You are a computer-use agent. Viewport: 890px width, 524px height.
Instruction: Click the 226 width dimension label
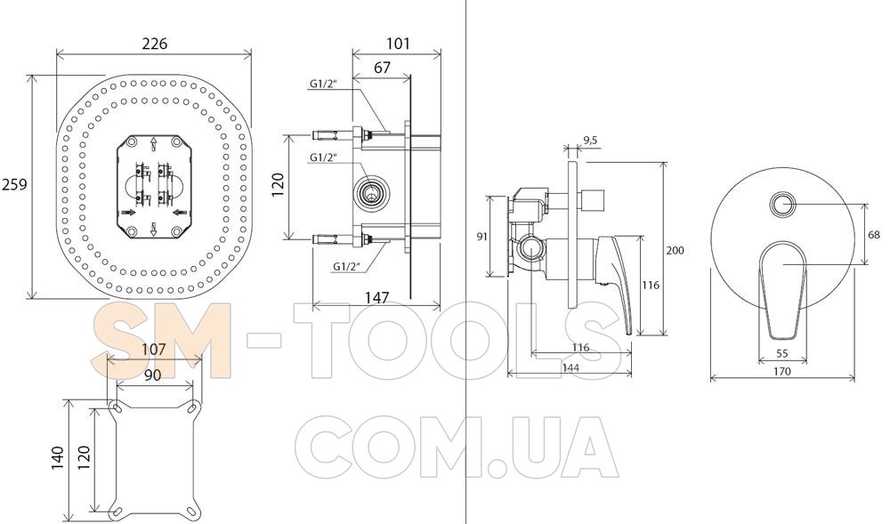point(154,44)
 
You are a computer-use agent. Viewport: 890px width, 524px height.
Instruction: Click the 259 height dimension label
point(13,184)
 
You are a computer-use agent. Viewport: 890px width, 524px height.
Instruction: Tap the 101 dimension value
point(398,43)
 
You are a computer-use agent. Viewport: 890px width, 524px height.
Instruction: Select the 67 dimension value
point(382,68)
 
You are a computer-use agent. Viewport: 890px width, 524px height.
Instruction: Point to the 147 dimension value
point(376,298)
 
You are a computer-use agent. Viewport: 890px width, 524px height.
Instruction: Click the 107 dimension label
point(153,349)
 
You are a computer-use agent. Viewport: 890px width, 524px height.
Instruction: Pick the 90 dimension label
point(152,375)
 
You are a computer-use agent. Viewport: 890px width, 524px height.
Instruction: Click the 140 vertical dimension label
point(57,457)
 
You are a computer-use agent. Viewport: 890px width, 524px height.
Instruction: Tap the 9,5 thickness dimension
point(590,141)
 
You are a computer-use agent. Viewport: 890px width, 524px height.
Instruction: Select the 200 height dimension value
point(675,250)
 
